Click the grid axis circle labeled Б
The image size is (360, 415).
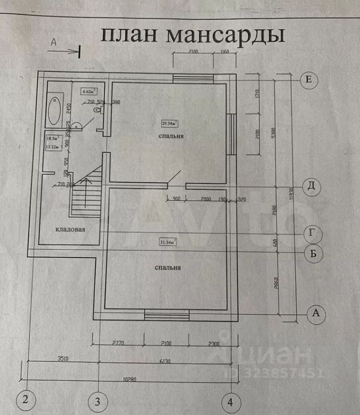click(315, 253)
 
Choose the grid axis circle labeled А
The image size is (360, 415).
click(316, 313)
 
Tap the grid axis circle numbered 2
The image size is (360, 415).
click(25, 399)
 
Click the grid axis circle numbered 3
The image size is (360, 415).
click(97, 400)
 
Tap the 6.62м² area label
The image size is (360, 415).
click(89, 91)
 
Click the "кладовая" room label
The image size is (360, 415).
click(70, 230)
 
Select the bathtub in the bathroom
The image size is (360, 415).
click(54, 110)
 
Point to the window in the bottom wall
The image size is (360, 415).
click(167, 316)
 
